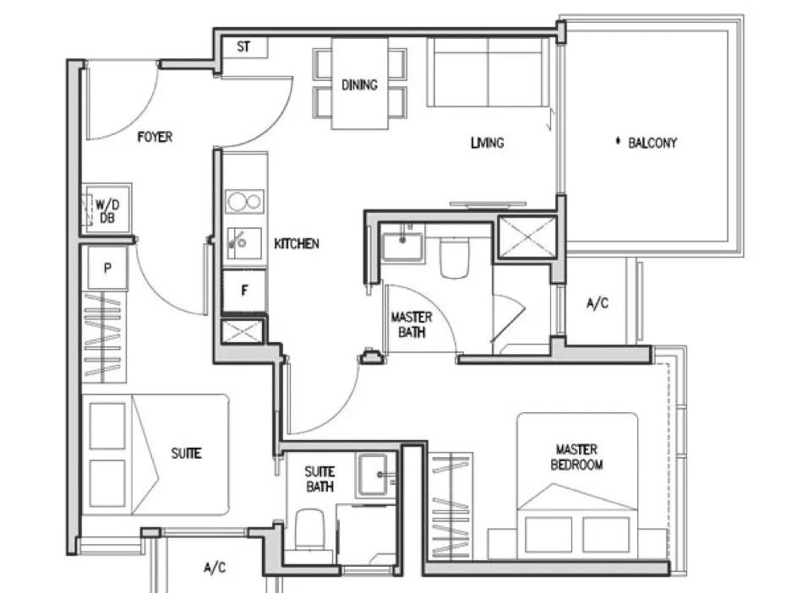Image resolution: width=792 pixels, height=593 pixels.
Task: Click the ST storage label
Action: pyautogui.click(x=243, y=47)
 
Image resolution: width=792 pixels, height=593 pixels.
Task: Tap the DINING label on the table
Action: pyautogui.click(x=359, y=84)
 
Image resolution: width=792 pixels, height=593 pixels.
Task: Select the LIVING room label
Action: pyautogui.click(x=488, y=143)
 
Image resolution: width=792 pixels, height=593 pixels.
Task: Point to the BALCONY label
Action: pyautogui.click(x=652, y=143)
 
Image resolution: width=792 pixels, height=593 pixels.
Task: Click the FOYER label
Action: pyautogui.click(x=155, y=137)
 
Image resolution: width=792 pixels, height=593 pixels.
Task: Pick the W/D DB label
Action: pyautogui.click(x=107, y=211)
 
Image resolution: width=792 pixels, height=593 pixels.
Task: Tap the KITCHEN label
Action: pyautogui.click(x=297, y=244)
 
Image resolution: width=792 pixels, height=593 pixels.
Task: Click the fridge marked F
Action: pyautogui.click(x=244, y=291)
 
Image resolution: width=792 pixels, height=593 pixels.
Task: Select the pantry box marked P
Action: pyautogui.click(x=107, y=268)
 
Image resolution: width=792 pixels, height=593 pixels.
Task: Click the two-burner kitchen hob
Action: pyautogui.click(x=244, y=202)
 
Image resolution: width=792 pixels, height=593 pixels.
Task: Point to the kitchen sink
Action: pyautogui.click(x=243, y=243)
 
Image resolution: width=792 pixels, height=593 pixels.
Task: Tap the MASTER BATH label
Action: pyautogui.click(x=412, y=324)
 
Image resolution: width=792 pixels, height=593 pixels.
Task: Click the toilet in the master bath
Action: pyautogui.click(x=455, y=258)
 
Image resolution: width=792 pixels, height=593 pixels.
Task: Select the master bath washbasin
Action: pyautogui.click(x=401, y=247)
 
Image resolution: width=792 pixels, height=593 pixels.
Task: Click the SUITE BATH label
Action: pyautogui.click(x=320, y=479)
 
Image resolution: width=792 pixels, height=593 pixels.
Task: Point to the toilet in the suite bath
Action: pyautogui.click(x=309, y=529)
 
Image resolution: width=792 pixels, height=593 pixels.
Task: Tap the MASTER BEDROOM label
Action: pyautogui.click(x=576, y=457)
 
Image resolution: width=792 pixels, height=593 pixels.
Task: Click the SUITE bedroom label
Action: pyautogui.click(x=187, y=454)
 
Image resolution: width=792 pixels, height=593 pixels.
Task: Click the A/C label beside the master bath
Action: pyautogui.click(x=598, y=303)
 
